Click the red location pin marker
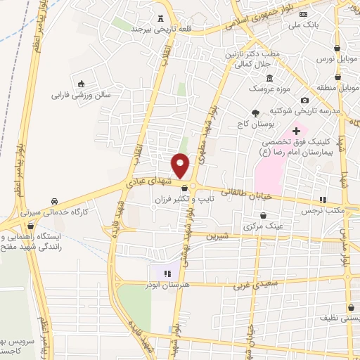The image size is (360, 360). pyautogui.click(x=181, y=165)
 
